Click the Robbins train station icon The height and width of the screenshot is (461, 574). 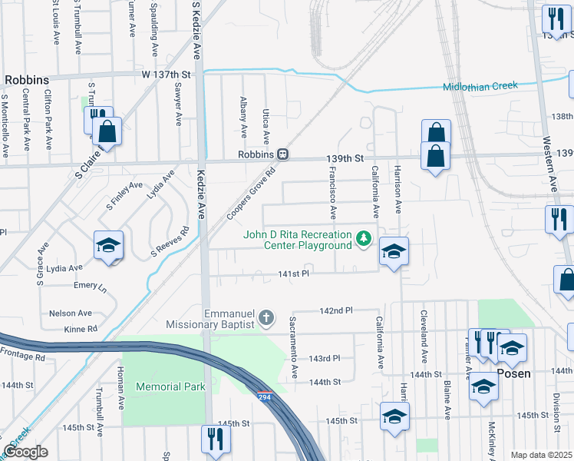[x=283, y=154]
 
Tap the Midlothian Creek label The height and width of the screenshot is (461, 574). [x=480, y=86]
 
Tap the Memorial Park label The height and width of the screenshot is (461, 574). [x=170, y=386]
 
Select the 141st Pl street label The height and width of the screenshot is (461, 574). [x=293, y=274]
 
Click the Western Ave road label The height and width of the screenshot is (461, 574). [x=549, y=164]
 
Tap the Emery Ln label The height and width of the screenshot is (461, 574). [x=91, y=286]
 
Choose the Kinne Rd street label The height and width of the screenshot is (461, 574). [x=82, y=329]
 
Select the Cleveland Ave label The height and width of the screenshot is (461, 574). [x=423, y=337]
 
